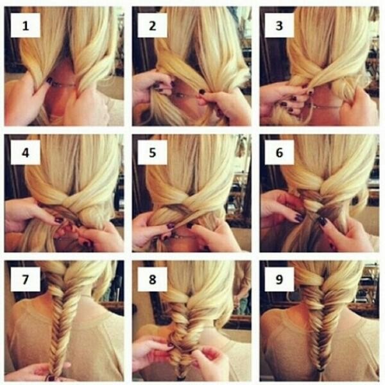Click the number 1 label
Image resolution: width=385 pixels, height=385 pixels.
tap(26, 25)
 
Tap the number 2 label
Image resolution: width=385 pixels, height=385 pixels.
tap(153, 25)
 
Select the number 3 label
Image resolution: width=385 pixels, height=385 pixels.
tap(279, 25)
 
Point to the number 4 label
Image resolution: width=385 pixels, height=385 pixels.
tap(26, 153)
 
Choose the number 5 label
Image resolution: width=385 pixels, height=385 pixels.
tap(153, 153)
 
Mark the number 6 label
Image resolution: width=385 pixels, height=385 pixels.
tap(279, 153)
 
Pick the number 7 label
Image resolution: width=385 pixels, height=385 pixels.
tap(26, 279)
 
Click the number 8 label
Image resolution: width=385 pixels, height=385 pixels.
tap(153, 279)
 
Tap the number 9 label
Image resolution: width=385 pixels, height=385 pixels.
tap(279, 279)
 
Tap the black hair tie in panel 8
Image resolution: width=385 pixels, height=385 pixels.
tap(180, 377)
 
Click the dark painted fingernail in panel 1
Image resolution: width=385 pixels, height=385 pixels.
tap(50, 80)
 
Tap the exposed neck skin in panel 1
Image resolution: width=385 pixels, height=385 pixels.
tap(62, 98)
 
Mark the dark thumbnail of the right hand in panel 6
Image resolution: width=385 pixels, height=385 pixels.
tap(323, 222)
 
